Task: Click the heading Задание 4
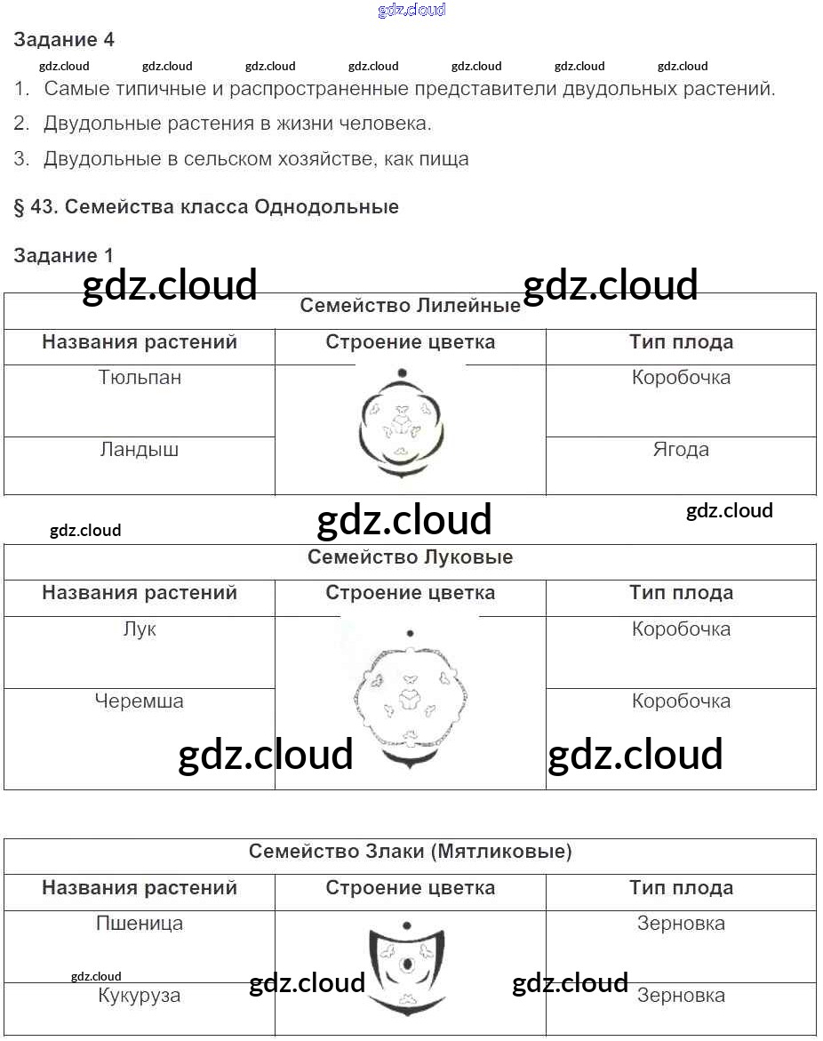[64, 40]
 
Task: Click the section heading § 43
[206, 207]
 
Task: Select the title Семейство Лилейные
[410, 306]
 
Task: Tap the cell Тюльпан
[140, 377]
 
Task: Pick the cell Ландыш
[140, 450]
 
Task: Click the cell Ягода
[681, 450]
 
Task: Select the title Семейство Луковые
[410, 557]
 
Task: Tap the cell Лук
[140, 629]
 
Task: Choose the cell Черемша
[140, 701]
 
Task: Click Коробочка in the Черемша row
[681, 701]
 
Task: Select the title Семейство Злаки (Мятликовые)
[410, 852]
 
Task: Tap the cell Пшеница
[140, 924]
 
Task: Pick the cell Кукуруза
[140, 996]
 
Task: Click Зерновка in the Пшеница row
[681, 924]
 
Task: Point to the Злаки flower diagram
[407, 969]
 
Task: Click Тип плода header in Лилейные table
[681, 342]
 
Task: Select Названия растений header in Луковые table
[140, 593]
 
